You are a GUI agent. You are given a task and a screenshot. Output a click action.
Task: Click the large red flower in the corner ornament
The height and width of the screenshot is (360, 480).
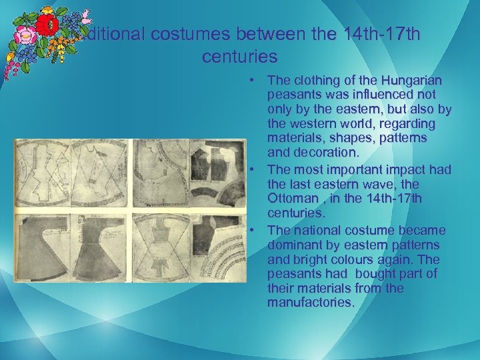(x=46, y=26)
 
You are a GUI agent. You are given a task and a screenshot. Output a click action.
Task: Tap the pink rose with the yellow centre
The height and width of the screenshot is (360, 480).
(x=23, y=35)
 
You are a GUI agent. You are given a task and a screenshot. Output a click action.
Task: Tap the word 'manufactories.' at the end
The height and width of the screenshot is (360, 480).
(x=311, y=303)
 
